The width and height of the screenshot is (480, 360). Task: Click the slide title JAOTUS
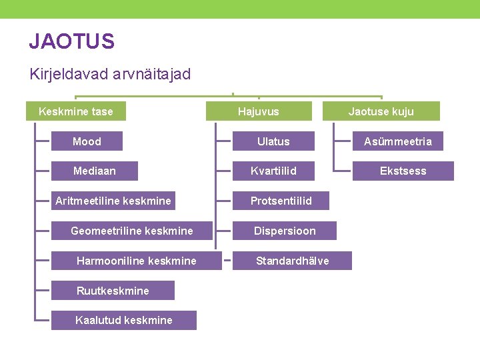[72, 42]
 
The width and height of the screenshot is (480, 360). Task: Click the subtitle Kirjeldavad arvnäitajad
[110, 74]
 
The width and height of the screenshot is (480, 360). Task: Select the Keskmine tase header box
[76, 111]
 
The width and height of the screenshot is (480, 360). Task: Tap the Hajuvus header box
[259, 111]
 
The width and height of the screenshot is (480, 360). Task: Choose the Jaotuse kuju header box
[381, 111]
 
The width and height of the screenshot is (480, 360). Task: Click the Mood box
[87, 141]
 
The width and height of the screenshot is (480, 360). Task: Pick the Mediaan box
[95, 171]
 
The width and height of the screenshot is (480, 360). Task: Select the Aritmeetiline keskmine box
[113, 201]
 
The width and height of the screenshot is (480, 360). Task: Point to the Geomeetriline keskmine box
[132, 231]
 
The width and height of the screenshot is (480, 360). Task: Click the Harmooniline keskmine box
[137, 261]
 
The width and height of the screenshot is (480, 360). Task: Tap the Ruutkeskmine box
[113, 291]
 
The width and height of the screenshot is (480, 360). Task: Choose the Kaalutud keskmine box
[124, 321]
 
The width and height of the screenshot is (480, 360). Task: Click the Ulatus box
[273, 141]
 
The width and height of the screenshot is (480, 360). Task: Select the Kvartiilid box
[273, 171]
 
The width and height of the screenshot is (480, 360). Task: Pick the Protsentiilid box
[281, 201]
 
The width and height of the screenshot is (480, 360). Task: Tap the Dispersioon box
[285, 231]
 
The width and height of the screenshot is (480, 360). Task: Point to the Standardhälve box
[292, 261]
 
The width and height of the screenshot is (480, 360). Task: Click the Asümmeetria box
[397, 141]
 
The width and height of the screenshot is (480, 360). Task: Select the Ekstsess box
[403, 171]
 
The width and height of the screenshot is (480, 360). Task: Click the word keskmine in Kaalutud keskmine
[147, 321]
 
